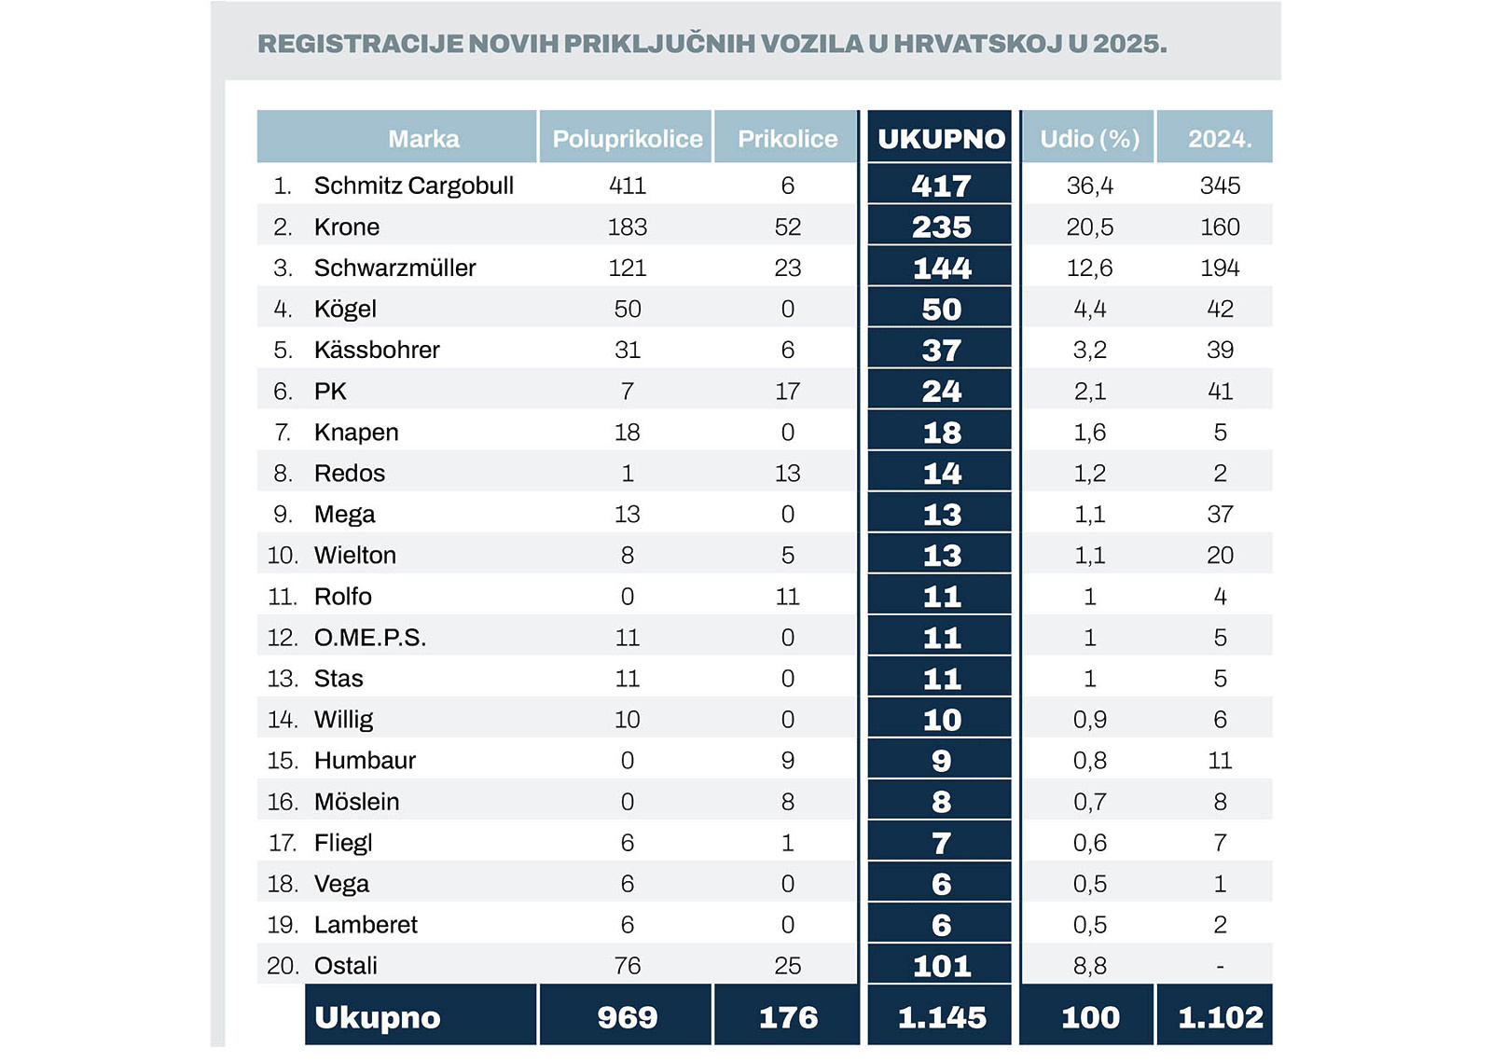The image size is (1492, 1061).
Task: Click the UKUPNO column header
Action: (941, 139)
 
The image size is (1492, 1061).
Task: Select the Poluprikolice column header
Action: (627, 139)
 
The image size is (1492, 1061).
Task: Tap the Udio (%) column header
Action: (1089, 139)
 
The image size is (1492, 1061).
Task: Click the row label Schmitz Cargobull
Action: (413, 186)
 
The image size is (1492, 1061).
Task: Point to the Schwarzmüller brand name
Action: (394, 269)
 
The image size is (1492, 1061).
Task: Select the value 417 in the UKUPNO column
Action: (941, 186)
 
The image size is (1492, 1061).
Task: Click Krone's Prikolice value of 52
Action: (787, 227)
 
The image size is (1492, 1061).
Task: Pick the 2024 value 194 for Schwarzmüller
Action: (1219, 269)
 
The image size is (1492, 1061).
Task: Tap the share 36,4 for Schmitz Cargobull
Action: (1089, 186)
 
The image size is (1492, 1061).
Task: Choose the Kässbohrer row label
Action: (377, 351)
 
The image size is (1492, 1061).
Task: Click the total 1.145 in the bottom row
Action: (941, 1017)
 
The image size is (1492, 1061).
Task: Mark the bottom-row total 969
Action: (627, 1017)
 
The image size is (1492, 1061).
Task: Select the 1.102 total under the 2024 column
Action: (1220, 1017)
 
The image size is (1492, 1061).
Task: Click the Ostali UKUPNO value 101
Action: (941, 966)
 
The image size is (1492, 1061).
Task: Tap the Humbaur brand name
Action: (365, 761)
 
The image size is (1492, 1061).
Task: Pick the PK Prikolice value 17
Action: (787, 392)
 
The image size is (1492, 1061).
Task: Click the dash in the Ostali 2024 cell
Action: (1220, 966)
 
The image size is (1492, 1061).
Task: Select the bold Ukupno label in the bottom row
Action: (377, 1017)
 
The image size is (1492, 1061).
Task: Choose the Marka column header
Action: (423, 139)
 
